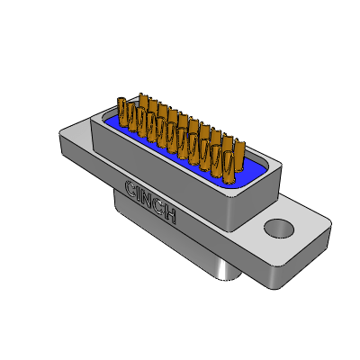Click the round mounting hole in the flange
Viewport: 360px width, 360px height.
(279, 229)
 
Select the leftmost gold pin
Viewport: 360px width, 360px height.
(122, 112)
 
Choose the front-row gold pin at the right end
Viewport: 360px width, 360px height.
(229, 166)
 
